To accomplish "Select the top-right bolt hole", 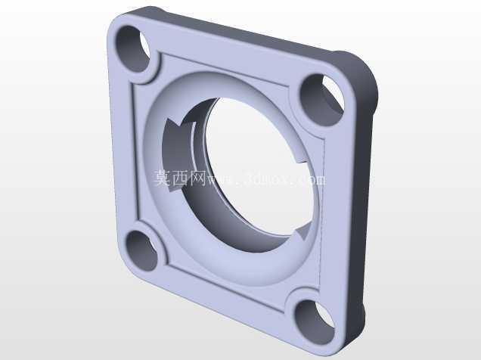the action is [321, 99].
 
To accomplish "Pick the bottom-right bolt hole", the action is [314, 321].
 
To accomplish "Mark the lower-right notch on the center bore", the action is [303, 232].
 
